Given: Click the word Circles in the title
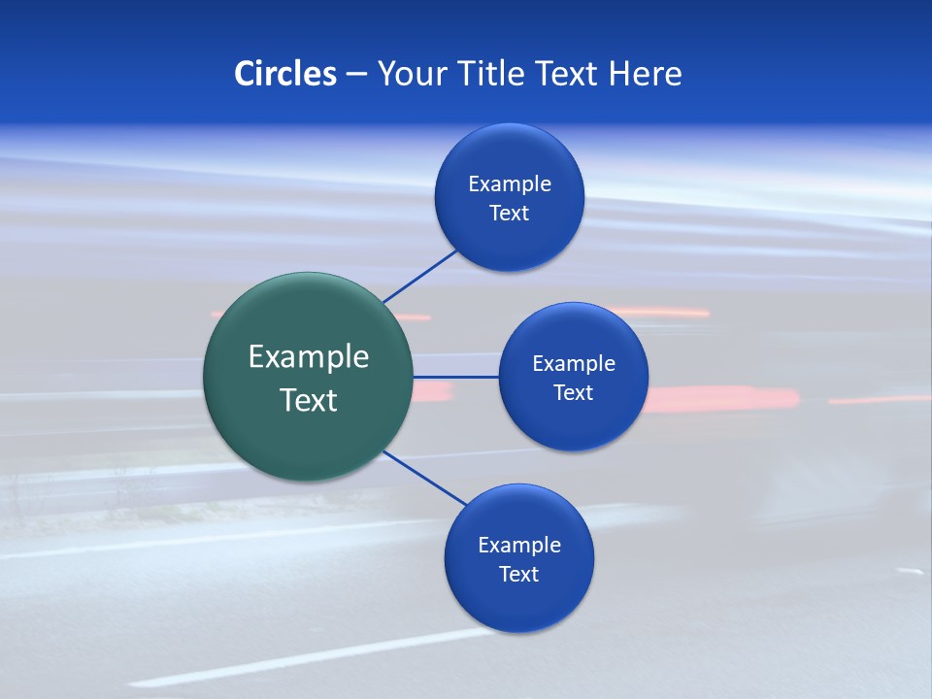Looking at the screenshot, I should [x=285, y=74].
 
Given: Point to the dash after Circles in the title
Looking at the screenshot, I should [x=356, y=75].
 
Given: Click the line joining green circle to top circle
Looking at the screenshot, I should [x=420, y=276].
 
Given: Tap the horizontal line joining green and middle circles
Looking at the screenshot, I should [x=455, y=377].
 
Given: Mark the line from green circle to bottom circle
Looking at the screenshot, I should [x=424, y=478].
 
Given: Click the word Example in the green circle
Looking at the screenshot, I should [x=309, y=357].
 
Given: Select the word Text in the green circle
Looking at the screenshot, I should [x=309, y=400].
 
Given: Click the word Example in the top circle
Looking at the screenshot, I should [x=510, y=184].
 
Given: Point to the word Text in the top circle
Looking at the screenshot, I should [x=510, y=214].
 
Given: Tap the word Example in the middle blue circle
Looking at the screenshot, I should [x=574, y=364].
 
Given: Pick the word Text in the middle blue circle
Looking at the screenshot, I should [x=574, y=393].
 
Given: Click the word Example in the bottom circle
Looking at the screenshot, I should [x=519, y=546].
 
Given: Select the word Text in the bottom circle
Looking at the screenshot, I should [x=519, y=575].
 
